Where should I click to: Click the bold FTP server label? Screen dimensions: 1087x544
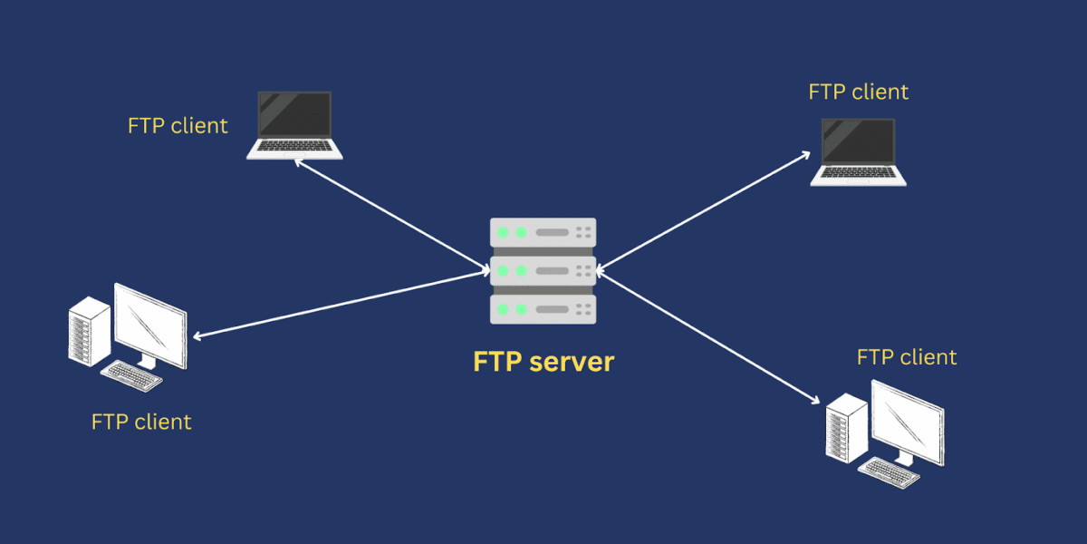[543, 362]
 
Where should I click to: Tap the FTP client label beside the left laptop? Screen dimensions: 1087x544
[178, 126]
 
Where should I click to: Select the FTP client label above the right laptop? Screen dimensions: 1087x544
[859, 92]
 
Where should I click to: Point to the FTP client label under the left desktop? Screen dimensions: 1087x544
[141, 422]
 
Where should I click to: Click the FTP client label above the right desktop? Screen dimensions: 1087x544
[907, 357]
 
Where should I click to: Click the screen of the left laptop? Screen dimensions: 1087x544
[294, 114]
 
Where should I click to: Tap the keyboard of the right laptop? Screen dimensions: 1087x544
[858, 172]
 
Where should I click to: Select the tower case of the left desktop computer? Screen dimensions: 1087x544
[90, 331]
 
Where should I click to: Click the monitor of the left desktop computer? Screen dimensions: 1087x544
[150, 326]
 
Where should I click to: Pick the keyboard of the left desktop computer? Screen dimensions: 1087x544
[131, 376]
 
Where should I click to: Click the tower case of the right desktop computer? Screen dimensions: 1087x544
[847, 428]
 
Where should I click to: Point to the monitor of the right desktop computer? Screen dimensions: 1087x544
[908, 423]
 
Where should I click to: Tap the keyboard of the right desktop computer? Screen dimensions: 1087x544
[889, 472]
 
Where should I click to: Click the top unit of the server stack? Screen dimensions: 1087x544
[543, 232]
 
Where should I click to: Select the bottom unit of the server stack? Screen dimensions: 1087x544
[543, 309]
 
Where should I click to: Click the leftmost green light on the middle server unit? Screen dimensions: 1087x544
[504, 271]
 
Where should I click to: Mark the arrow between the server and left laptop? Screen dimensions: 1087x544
[392, 215]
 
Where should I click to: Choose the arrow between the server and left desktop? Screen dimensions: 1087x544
[341, 304]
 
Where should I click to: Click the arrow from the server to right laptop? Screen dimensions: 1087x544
[703, 212]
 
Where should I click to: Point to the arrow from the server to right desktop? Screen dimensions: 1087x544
[707, 336]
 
